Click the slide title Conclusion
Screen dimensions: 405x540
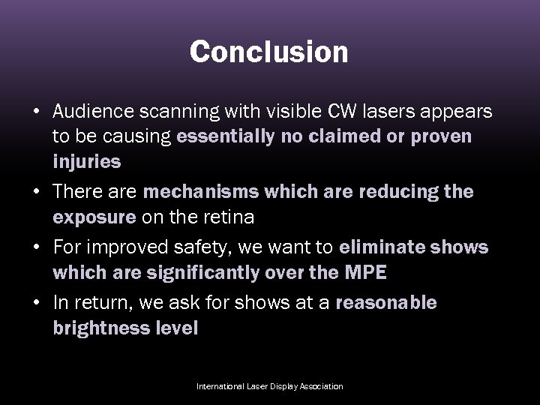click(x=269, y=52)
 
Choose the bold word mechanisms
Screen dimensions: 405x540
click(x=202, y=191)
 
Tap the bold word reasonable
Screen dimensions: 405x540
click(x=387, y=303)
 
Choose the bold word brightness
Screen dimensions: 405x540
click(x=99, y=328)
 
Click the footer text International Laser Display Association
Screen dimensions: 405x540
click(x=269, y=386)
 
